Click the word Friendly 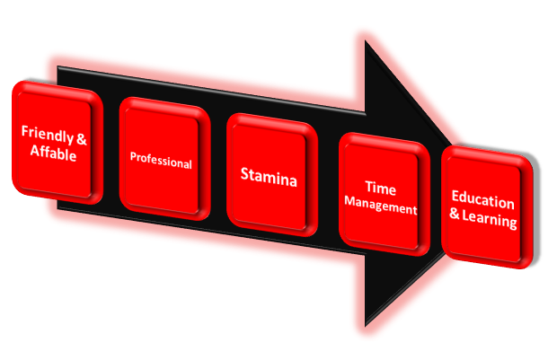48,134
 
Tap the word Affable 54,153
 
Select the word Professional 161,161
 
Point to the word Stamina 269,177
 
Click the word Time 381,189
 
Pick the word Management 381,206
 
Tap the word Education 482,200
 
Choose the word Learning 490,220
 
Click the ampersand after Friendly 82,139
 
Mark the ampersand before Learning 455,214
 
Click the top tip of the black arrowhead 366,41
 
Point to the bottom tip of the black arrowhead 366,326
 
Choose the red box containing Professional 164,159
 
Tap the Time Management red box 384,195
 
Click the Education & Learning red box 487,207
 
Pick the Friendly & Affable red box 57,143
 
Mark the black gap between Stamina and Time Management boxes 328,185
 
